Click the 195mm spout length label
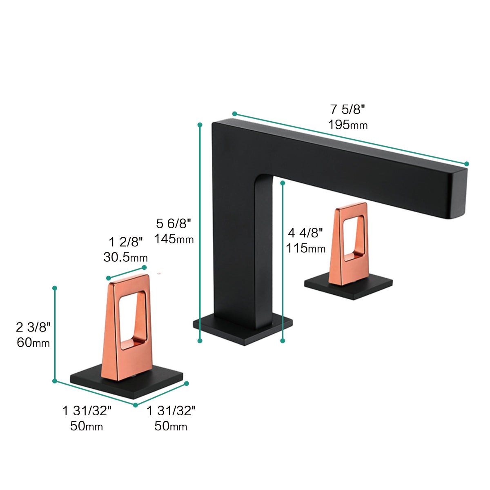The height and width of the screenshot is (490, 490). point(347,125)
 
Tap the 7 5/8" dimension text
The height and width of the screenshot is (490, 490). point(347,109)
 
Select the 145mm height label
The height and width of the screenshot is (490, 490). point(174,239)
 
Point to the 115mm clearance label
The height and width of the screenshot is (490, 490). point(305,248)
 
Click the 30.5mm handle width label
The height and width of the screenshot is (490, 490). point(125,257)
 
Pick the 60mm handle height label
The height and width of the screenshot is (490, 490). point(33,342)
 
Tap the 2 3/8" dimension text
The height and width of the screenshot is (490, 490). point(33,327)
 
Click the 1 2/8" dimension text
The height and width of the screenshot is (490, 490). point(126,242)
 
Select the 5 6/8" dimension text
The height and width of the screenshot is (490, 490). point(174,224)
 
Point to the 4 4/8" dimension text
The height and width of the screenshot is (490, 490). point(305,233)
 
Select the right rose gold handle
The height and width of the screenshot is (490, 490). point(349,245)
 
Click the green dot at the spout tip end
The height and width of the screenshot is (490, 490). point(467,164)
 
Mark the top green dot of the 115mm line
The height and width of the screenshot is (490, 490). point(283,183)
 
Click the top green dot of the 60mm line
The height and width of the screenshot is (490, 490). point(55,288)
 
